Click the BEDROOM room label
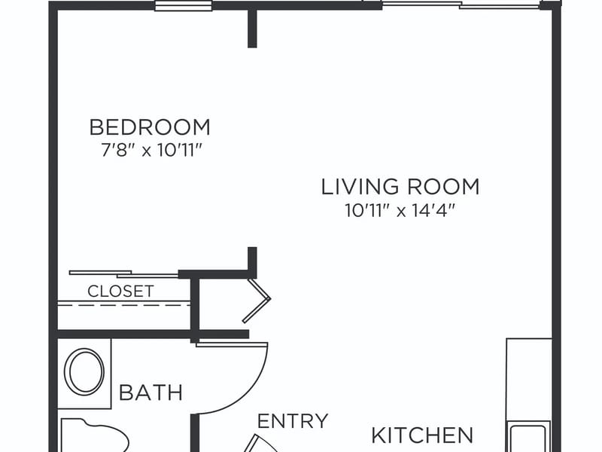click(x=150, y=127)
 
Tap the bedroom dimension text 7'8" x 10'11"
click(x=151, y=150)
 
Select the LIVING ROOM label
click(x=400, y=186)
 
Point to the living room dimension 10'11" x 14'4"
click(x=400, y=211)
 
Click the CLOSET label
click(x=120, y=292)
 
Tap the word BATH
click(x=150, y=392)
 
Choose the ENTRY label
click(x=293, y=421)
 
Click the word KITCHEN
click(x=422, y=435)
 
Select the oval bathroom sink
click(x=84, y=371)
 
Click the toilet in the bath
click(x=95, y=435)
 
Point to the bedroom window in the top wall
click(x=183, y=6)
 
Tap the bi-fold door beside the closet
click(x=257, y=301)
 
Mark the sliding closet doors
click(x=123, y=274)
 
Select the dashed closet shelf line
click(x=123, y=306)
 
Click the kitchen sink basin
click(x=529, y=438)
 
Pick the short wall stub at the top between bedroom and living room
click(x=252, y=26)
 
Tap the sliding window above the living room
click(x=461, y=5)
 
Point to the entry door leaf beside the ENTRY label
click(x=261, y=443)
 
